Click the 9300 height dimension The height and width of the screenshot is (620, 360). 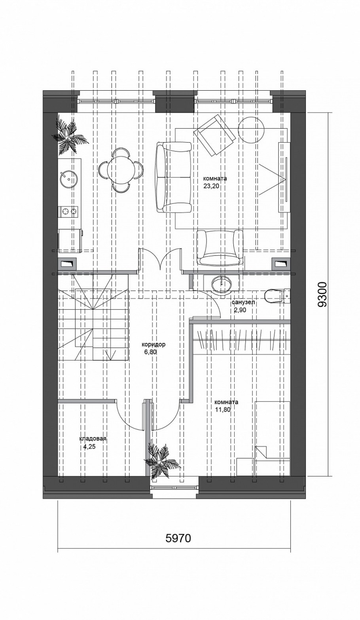[322, 295]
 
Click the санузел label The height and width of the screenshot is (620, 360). [243, 302]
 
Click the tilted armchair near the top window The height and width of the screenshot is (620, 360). [215, 136]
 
